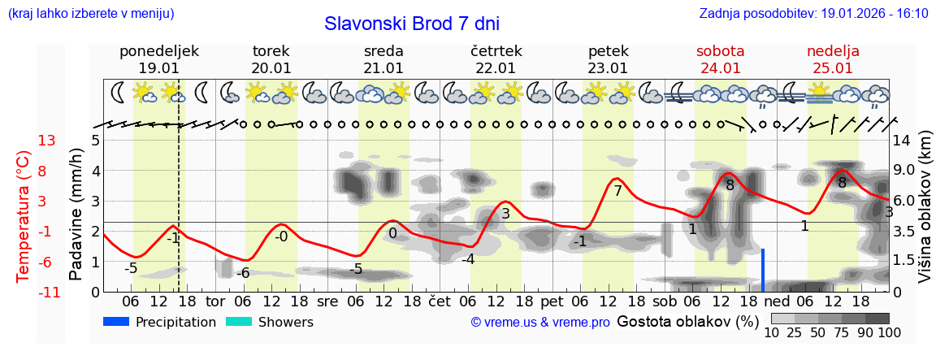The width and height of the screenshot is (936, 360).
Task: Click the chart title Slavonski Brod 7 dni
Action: click(411, 24)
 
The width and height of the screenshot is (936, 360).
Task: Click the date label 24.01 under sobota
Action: click(720, 68)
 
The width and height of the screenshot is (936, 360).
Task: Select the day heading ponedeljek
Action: click(158, 51)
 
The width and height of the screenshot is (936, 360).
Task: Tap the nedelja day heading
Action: click(833, 51)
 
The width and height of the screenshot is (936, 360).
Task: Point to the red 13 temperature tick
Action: click(46, 141)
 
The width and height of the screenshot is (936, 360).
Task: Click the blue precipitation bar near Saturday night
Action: click(763, 271)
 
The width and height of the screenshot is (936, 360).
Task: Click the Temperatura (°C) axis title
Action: click(24, 216)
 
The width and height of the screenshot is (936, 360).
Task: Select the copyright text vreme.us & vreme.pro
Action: click(540, 323)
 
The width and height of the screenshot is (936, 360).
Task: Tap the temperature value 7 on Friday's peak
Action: click(617, 192)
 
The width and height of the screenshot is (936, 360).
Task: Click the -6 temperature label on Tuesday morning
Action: click(242, 273)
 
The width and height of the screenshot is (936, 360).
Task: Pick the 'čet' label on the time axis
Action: click(439, 301)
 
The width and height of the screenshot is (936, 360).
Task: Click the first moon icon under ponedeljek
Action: click(119, 92)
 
